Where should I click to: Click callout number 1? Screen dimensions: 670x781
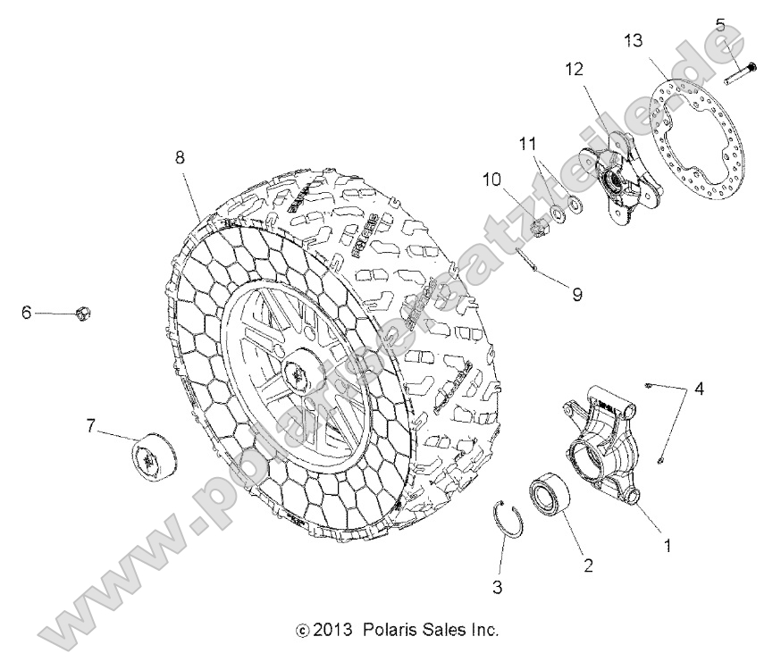664,542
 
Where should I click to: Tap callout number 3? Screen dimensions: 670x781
499,587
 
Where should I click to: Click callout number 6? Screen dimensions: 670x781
26,312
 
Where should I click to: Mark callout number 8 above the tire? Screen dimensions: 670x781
181,156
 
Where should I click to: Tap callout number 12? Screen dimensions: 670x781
573,68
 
